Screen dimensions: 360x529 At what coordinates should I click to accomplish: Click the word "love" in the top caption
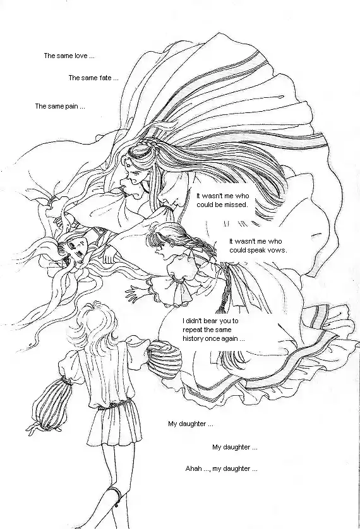click(x=81, y=56)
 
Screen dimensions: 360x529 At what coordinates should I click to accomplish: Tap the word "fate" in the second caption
click(x=105, y=78)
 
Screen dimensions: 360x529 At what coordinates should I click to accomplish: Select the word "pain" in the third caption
click(x=72, y=107)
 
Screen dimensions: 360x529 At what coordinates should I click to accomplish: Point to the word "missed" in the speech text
click(x=236, y=205)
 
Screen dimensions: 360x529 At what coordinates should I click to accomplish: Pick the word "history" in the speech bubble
click(x=193, y=339)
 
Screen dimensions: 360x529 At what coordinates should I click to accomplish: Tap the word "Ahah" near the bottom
click(x=194, y=468)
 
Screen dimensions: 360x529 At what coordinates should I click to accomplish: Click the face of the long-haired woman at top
click(x=134, y=176)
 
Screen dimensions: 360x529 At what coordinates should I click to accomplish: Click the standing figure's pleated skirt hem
click(x=115, y=439)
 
